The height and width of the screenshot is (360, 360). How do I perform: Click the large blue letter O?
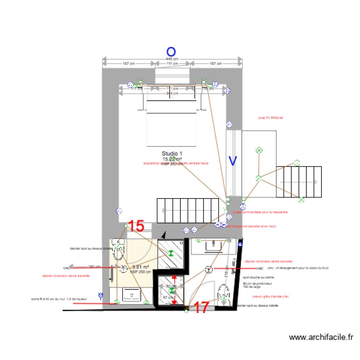(x=171, y=51)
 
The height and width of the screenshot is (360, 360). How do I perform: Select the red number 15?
(x=136, y=226)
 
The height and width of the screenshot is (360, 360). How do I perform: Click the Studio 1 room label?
(x=172, y=153)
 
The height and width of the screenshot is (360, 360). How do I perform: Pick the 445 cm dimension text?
(x=172, y=59)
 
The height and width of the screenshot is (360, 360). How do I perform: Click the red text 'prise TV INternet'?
(x=271, y=117)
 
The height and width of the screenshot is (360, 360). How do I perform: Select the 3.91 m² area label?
(x=140, y=267)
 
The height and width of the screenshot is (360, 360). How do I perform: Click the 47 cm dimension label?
(x=168, y=298)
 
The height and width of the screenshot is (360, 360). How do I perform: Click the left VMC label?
(x=66, y=268)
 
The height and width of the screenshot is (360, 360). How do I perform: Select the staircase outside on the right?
(x=300, y=182)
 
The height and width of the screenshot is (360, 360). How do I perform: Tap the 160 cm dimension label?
(x=94, y=267)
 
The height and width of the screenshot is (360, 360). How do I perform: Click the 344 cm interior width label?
(x=172, y=93)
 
